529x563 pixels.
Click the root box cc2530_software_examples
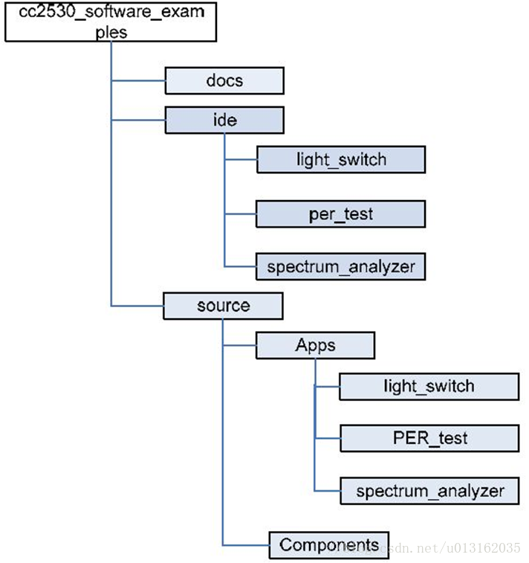coord(111,22)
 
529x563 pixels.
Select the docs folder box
coord(224,80)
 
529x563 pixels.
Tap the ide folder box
coord(224,120)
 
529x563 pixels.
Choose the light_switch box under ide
coord(341,160)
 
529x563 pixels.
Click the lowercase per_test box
coord(341,214)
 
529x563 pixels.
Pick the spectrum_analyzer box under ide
coord(341,266)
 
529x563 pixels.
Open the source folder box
coord(223,306)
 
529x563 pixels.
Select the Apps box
coord(315,346)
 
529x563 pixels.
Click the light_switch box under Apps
coord(429,386)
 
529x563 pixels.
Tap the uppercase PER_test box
coord(429,438)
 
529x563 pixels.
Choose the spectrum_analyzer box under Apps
coord(429,491)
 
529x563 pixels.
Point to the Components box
coord(328,544)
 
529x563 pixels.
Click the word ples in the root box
coord(111,33)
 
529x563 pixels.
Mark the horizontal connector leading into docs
coord(137,80)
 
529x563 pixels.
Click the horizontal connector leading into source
coord(137,306)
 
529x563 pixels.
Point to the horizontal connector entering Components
coord(245,545)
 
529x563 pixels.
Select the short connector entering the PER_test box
coord(328,438)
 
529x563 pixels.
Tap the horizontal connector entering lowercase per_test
coord(240,214)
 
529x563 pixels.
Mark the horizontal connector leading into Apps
coord(239,346)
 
